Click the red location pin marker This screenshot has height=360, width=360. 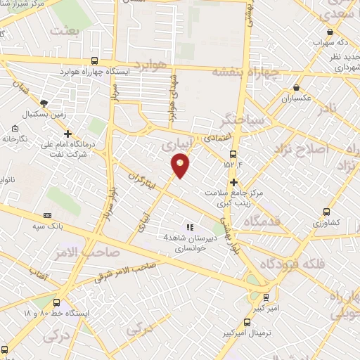[x=181, y=165]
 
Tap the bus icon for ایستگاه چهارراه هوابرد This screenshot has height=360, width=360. [x=95, y=61]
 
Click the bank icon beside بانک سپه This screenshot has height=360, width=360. [x=47, y=215]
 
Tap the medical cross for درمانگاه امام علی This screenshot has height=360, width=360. [x=67, y=133]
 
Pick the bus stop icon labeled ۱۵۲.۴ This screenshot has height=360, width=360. [x=233, y=155]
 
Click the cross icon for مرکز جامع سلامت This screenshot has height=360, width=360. [x=233, y=181]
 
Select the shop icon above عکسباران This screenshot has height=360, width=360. [x=297, y=88]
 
